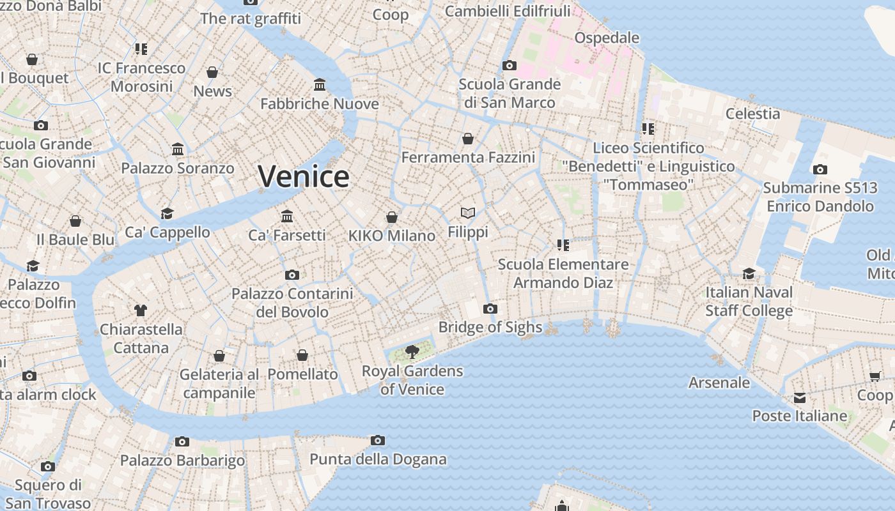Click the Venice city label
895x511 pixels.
pos(304,176)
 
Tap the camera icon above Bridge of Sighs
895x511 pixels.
pos(490,309)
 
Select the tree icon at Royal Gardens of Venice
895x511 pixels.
pos(412,351)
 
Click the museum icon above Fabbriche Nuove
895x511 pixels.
pos(320,84)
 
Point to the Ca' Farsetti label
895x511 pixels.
pos(287,235)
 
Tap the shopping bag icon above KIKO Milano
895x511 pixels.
pos(392,217)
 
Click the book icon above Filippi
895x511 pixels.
pos(468,213)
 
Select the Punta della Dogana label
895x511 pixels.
pos(378,459)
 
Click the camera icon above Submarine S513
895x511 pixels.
pos(820,169)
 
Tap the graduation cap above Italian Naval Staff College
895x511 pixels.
pos(749,274)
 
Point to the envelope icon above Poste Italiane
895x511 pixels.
pos(800,398)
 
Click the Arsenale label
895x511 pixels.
pos(719,383)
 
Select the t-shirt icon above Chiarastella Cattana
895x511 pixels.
pos(141,310)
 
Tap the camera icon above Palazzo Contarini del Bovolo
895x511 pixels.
pos(292,275)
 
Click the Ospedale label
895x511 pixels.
pos(607,38)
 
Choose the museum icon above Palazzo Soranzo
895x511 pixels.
pos(178,149)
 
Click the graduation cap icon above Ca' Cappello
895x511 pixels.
pos(167,213)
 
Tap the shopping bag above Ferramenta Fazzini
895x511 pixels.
pos(468,138)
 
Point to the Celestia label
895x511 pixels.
pos(752,114)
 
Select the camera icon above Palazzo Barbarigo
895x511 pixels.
pos(182,441)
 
